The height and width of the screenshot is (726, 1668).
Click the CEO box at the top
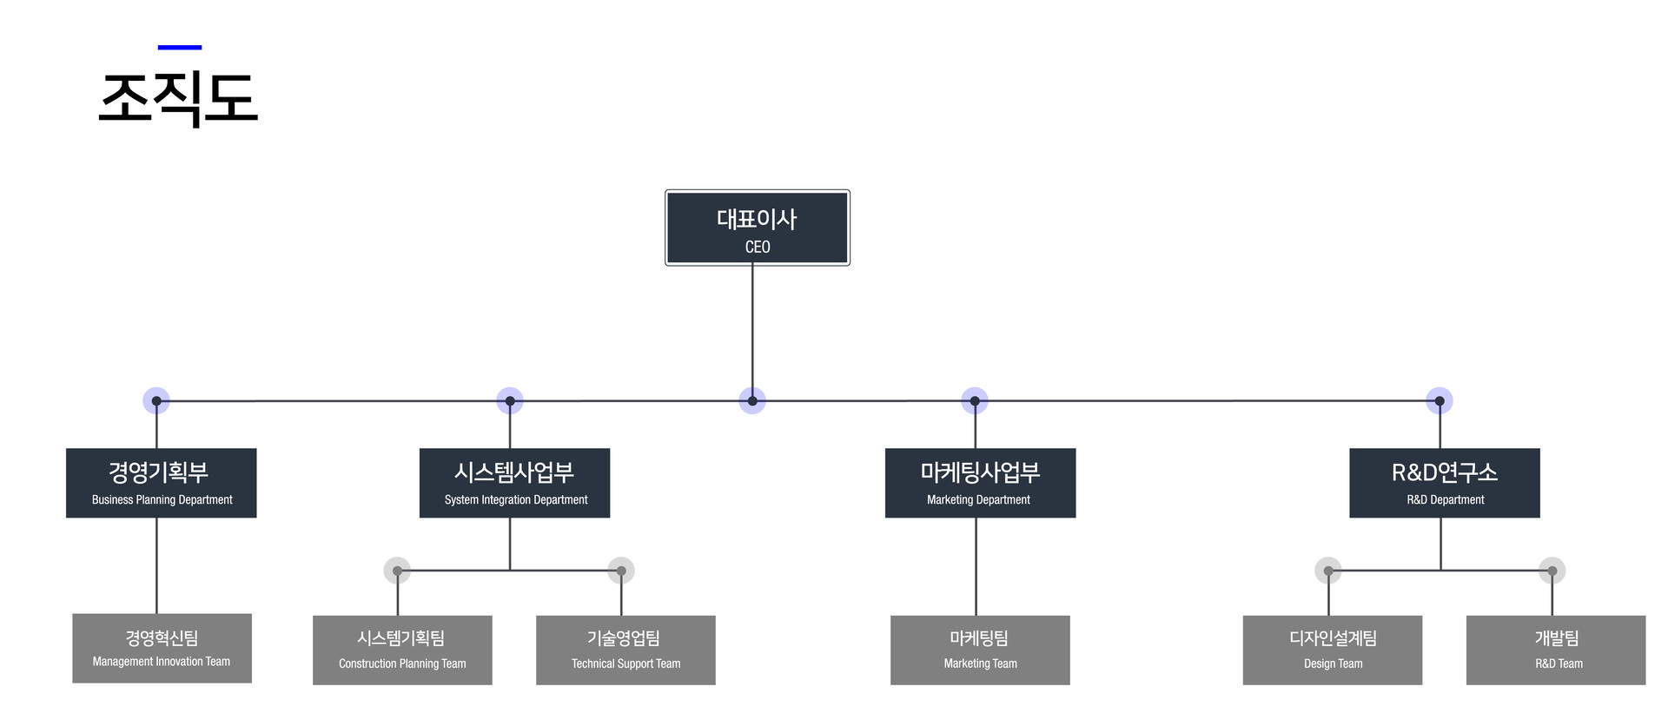[757, 228]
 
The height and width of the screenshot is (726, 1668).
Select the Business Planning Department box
[162, 483]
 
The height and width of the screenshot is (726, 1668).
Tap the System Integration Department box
[514, 483]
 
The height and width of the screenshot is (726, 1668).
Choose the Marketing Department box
[980, 483]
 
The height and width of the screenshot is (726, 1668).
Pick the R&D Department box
[1444, 483]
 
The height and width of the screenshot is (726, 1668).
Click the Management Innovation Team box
[162, 648]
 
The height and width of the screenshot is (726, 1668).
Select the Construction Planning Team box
[402, 650]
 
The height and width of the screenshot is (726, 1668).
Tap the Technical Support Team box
[625, 650]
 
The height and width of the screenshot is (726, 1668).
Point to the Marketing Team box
[980, 650]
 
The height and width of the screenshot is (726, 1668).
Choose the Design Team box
[1332, 650]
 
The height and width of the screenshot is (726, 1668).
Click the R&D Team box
[1555, 650]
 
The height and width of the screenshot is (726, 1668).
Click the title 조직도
[178, 97]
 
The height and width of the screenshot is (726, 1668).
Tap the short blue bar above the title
[180, 48]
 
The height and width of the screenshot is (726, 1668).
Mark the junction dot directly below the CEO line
[752, 401]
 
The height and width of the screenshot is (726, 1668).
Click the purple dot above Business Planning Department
[156, 401]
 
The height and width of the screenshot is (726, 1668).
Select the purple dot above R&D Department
[1440, 401]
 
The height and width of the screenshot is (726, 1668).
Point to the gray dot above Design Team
[1328, 571]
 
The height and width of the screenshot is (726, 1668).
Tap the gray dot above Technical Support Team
[621, 571]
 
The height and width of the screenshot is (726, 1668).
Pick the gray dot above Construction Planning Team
[397, 571]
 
